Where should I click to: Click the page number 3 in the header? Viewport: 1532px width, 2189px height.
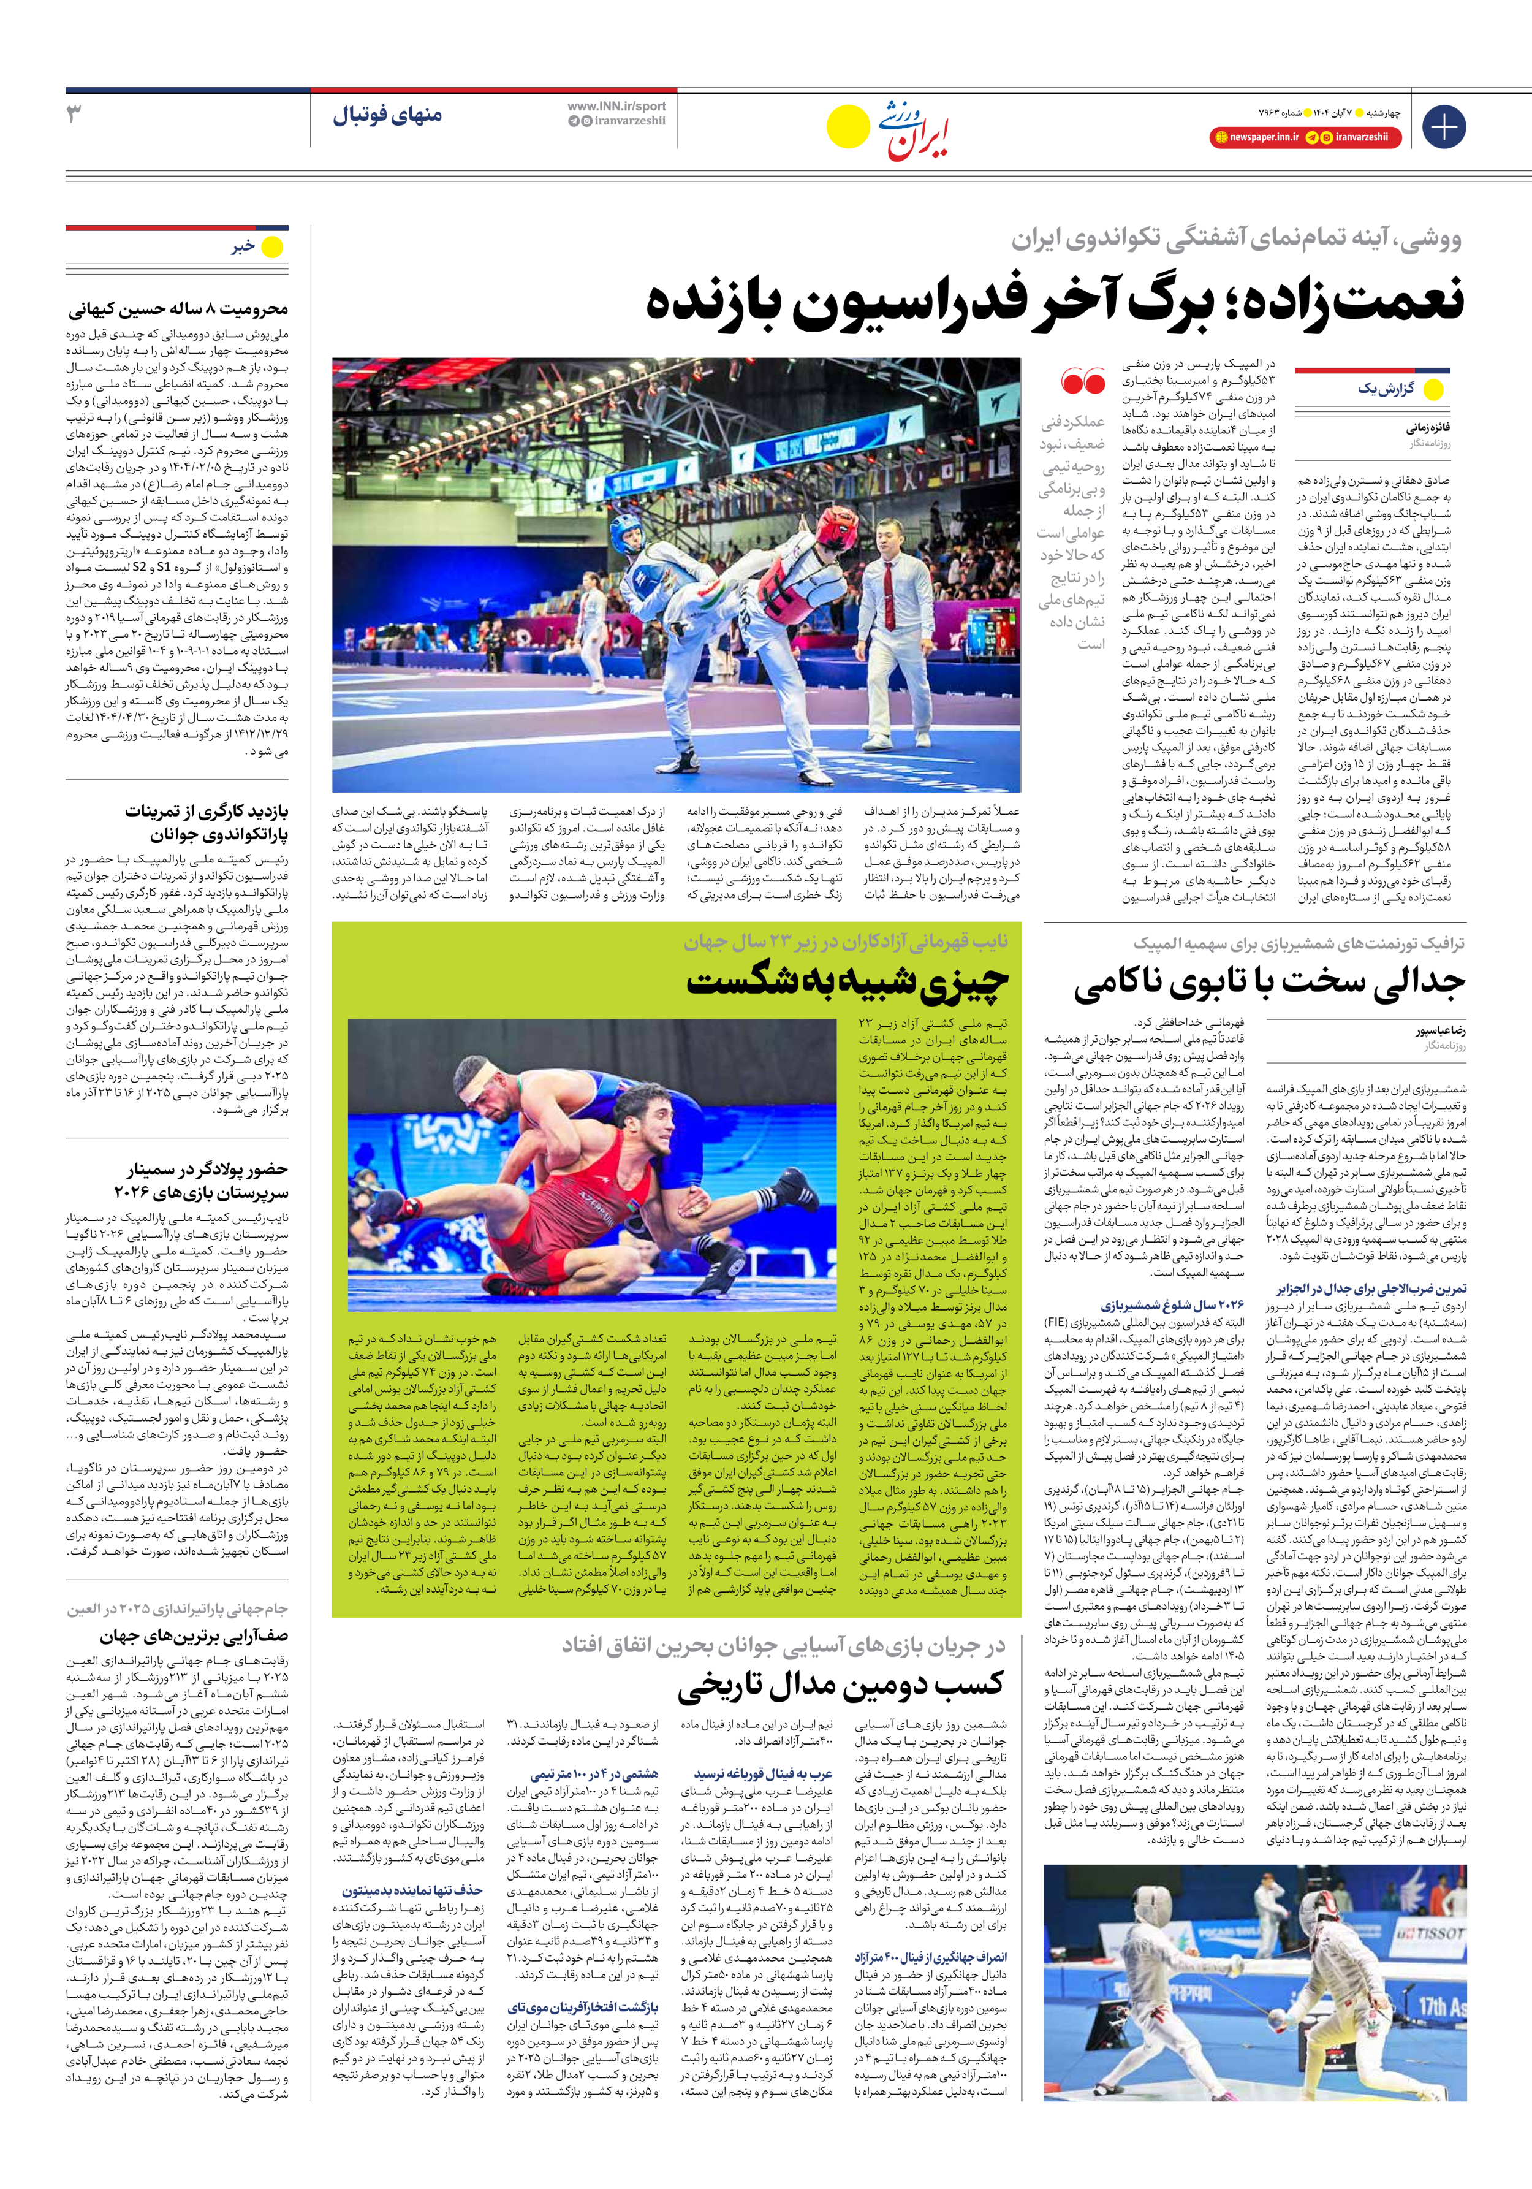[x=74, y=113]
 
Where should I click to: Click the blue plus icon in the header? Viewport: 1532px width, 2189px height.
[x=1443, y=126]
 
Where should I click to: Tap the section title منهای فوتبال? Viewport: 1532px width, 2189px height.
[x=387, y=116]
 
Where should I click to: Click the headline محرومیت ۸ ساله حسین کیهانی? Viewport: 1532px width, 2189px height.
[x=178, y=309]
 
